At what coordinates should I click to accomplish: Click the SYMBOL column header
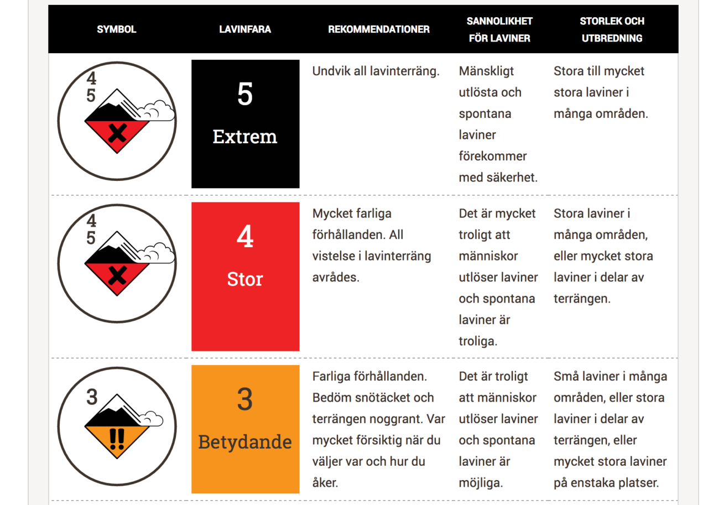(x=116, y=29)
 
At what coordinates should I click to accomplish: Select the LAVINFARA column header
(x=245, y=29)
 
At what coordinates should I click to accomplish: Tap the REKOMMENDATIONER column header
(x=379, y=29)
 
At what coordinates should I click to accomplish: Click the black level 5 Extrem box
(x=245, y=124)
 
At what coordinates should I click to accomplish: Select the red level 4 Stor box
(x=245, y=276)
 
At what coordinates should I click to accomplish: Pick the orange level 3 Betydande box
(x=245, y=429)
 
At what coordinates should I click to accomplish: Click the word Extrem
(x=245, y=137)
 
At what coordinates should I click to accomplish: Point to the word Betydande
(x=245, y=442)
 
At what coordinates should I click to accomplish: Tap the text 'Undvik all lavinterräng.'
(x=376, y=71)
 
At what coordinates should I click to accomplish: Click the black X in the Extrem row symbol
(x=117, y=133)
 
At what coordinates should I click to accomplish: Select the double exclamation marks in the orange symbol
(x=117, y=439)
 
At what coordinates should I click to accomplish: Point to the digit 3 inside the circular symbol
(x=92, y=398)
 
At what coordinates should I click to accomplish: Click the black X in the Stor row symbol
(x=117, y=275)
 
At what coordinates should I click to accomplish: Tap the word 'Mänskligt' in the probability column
(x=486, y=71)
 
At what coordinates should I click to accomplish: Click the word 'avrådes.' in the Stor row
(x=336, y=277)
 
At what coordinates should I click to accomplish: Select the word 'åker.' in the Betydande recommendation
(x=325, y=483)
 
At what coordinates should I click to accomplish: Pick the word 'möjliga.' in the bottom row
(x=481, y=483)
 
